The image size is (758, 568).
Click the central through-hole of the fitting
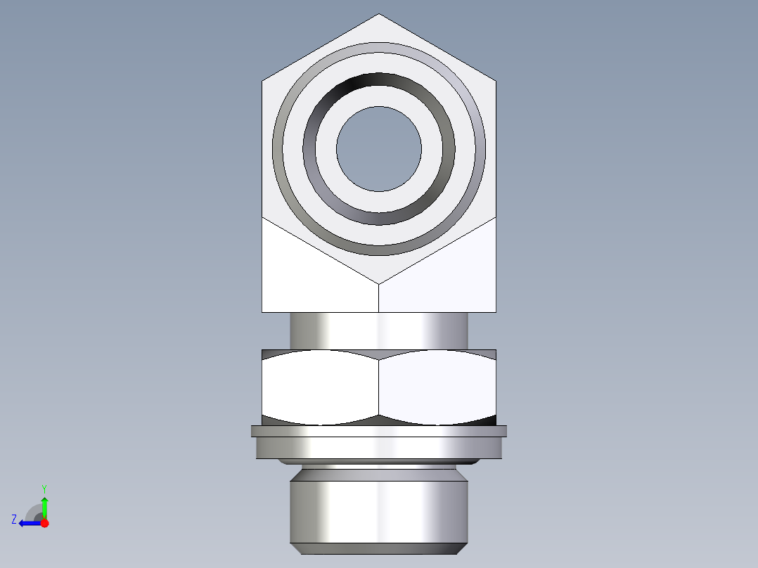[x=379, y=149]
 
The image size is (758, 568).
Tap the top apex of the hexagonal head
[x=379, y=15]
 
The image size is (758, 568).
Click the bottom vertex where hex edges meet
[x=379, y=284]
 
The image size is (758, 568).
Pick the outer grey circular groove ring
[x=379, y=46]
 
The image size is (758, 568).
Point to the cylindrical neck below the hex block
[x=379, y=330]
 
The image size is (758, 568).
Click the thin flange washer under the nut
[x=379, y=431]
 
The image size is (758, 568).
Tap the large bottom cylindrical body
[x=379, y=510]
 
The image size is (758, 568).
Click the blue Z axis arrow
[x=28, y=523]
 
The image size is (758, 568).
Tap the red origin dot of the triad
[x=44, y=523]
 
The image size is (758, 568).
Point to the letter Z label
[x=14, y=519]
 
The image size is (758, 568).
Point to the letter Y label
[x=44, y=488]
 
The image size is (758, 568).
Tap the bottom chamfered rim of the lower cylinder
[x=379, y=548]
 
